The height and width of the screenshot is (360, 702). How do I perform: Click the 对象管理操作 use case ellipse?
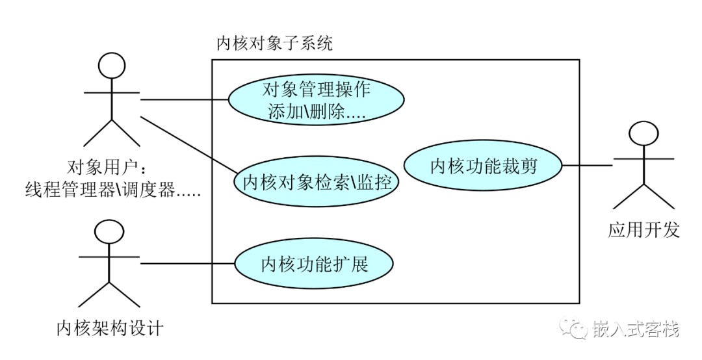(316, 99)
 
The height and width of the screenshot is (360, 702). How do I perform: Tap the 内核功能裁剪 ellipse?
(483, 166)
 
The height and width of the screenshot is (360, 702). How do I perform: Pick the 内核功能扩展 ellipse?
(315, 264)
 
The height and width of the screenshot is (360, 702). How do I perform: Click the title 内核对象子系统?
(274, 44)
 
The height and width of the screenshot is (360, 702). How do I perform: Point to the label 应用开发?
(643, 229)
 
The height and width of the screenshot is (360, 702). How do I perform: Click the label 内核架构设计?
(110, 328)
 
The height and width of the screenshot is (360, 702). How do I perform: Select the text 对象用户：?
(107, 168)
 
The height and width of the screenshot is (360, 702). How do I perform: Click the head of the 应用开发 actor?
(643, 133)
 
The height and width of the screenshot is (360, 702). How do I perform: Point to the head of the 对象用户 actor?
(112, 66)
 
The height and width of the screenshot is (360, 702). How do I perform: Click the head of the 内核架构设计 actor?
(109, 233)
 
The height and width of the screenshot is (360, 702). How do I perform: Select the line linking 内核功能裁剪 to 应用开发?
(588, 165)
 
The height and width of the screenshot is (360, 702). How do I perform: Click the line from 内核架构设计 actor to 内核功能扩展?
(188, 263)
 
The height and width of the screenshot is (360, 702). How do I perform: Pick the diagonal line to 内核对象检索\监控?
(189, 145)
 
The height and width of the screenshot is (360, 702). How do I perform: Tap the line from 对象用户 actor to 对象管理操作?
(185, 99)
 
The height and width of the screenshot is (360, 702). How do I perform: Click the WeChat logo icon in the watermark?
(575, 328)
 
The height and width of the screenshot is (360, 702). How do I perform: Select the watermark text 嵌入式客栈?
(636, 329)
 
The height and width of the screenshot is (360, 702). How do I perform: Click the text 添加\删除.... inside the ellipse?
(317, 112)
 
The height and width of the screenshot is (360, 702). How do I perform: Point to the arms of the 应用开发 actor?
(643, 159)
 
